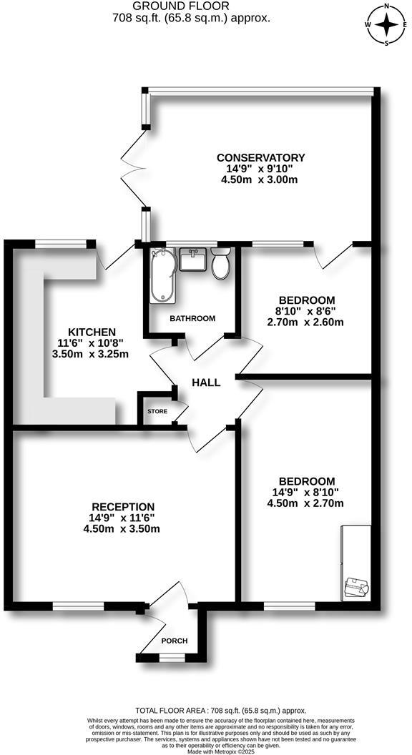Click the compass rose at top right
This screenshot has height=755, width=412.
point(387,26)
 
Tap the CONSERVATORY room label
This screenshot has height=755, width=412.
point(260,158)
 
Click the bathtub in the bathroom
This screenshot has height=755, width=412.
point(161,276)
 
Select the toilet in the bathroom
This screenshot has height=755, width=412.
point(221,265)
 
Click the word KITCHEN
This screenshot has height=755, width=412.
point(92,332)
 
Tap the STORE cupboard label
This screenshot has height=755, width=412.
point(157,412)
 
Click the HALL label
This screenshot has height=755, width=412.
point(206,383)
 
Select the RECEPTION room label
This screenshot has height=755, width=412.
point(121,507)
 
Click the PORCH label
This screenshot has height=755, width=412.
point(174,641)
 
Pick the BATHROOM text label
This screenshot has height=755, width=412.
point(191,318)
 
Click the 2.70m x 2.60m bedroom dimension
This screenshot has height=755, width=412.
point(306,322)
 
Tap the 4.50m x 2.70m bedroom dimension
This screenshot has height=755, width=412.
point(306,503)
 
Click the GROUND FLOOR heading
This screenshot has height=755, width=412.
point(191,6)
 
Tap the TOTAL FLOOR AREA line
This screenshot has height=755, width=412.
point(205,711)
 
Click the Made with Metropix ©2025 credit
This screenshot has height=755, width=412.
point(205,749)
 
